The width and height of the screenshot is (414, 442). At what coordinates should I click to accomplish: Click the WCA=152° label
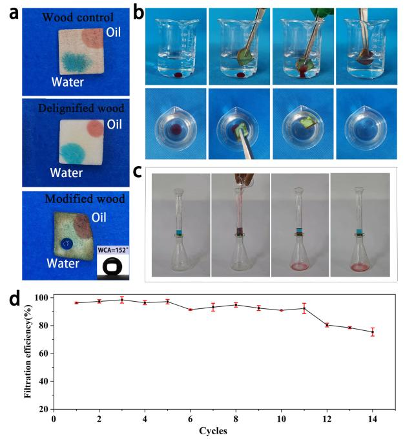(114, 249)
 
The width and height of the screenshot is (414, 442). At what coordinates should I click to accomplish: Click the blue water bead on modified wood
(66, 243)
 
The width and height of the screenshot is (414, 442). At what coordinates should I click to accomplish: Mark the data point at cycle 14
(372, 332)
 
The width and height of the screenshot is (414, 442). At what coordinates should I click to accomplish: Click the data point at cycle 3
(121, 300)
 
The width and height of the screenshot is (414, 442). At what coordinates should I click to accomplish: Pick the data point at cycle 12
(327, 325)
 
